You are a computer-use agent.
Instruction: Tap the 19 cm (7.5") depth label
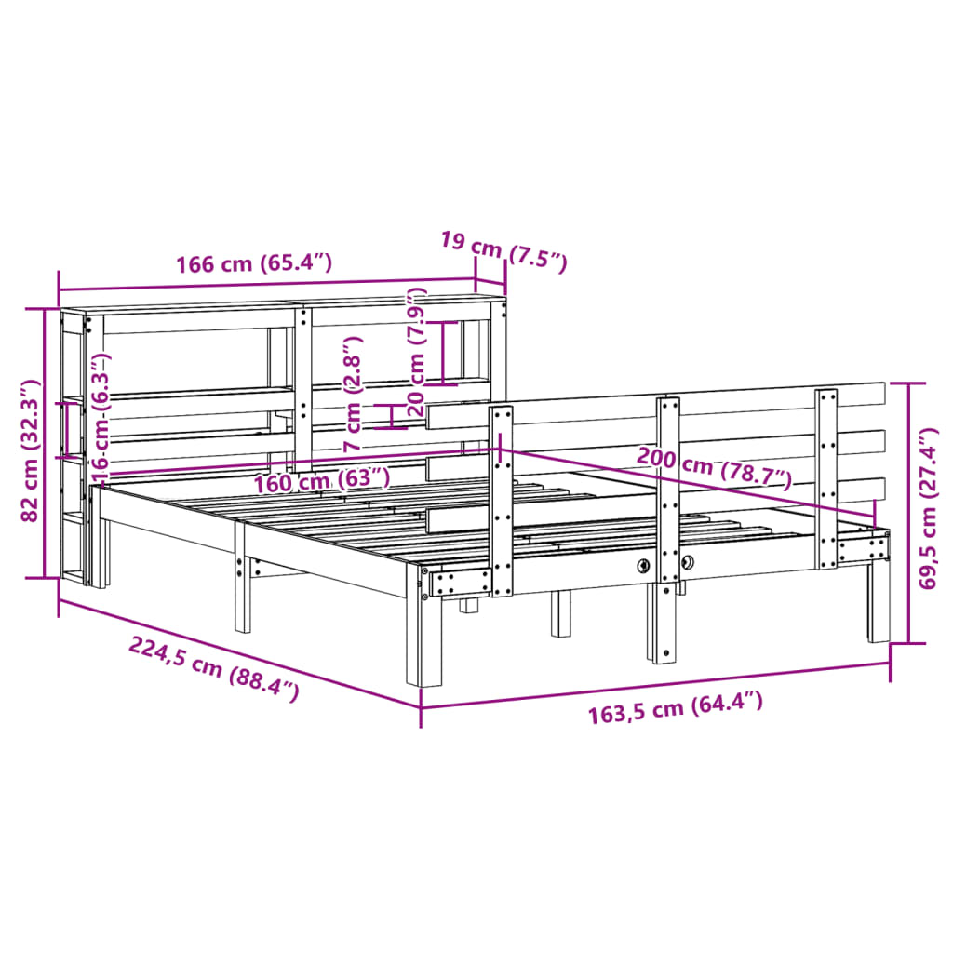click(x=503, y=251)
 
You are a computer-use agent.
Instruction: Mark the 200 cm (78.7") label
click(x=714, y=468)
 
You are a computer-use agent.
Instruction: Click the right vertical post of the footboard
click(x=825, y=479)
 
